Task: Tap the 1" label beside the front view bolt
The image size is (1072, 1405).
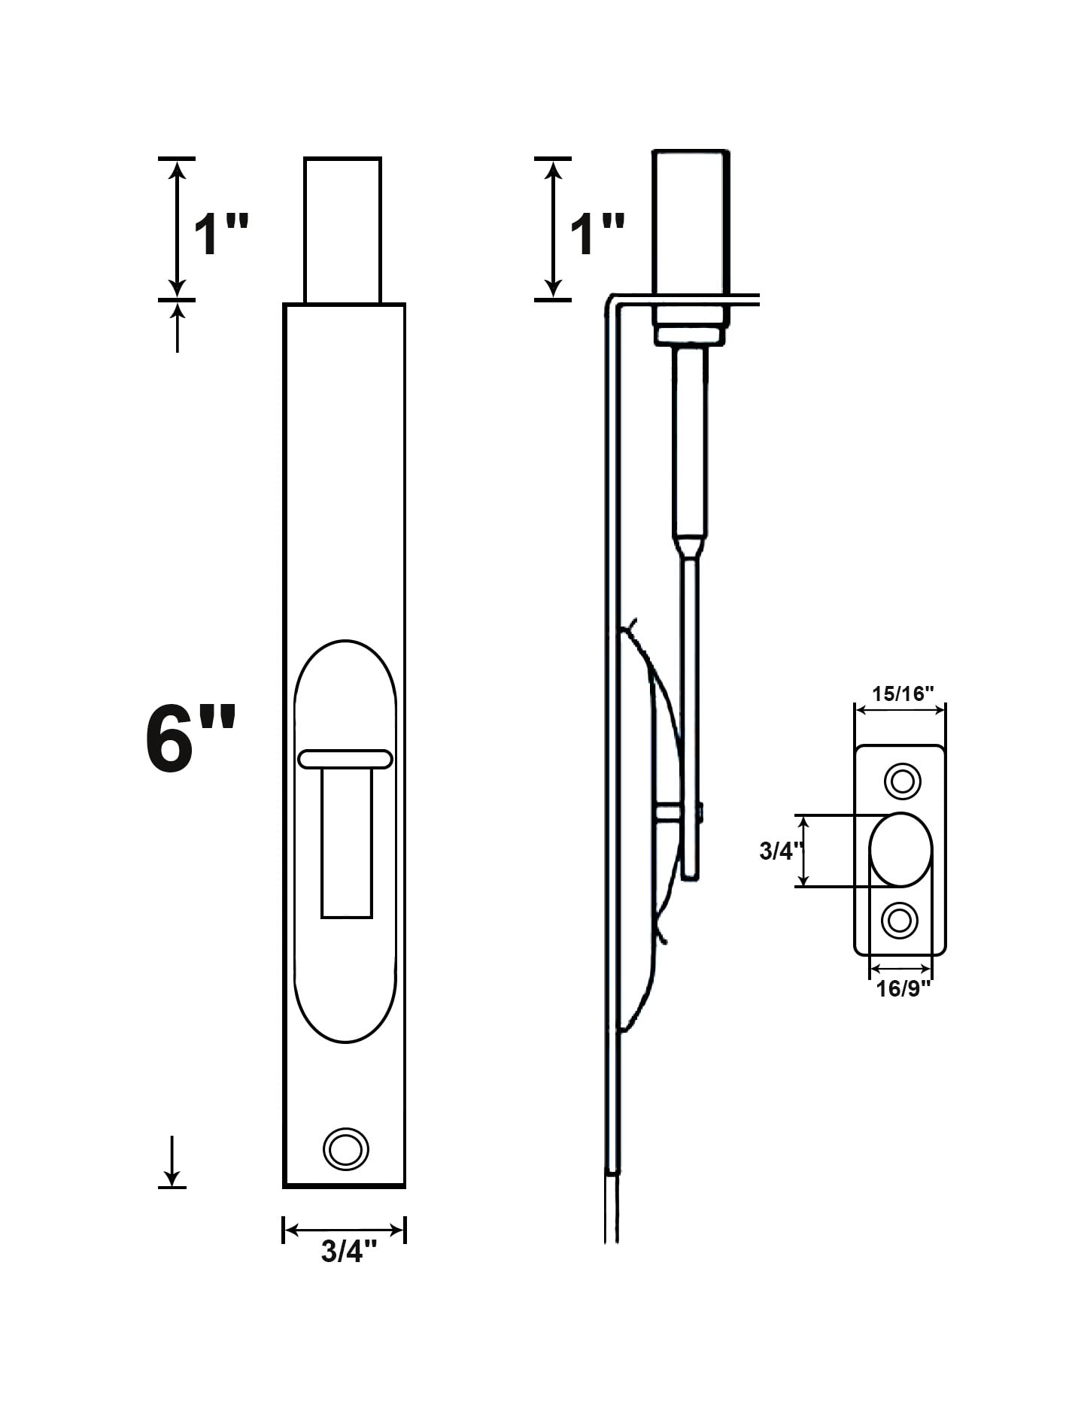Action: (x=221, y=234)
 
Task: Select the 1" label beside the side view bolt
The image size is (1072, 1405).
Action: (x=597, y=234)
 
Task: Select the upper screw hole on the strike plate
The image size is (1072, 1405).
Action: (x=902, y=781)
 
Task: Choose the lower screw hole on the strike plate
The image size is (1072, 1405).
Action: (x=900, y=920)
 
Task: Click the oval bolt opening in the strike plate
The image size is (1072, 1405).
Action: (x=900, y=850)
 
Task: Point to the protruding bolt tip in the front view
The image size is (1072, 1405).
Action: (x=343, y=229)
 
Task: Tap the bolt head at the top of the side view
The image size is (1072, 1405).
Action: (x=691, y=223)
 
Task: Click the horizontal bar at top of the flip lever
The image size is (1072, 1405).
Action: (x=345, y=759)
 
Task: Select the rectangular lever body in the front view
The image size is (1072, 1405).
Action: (x=347, y=842)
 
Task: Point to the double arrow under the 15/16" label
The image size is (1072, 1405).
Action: (x=900, y=711)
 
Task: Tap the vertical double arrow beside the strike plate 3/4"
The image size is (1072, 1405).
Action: (x=804, y=851)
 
